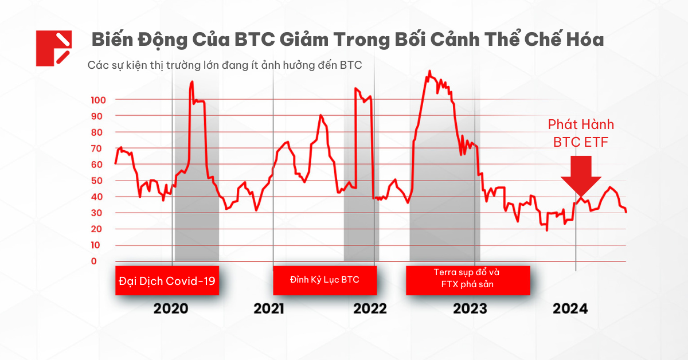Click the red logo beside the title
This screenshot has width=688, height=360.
click(53, 48)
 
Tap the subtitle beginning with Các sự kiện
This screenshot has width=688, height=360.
click(225, 65)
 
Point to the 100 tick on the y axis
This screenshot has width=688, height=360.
click(99, 100)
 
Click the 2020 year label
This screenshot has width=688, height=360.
click(171, 309)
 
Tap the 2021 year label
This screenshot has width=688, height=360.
click(269, 309)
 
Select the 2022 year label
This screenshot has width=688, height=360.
click(370, 309)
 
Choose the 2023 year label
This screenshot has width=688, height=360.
click(470, 309)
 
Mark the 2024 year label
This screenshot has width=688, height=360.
click(570, 309)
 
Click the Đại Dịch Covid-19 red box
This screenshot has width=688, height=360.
click(167, 281)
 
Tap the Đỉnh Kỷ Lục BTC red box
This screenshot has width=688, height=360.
click(325, 281)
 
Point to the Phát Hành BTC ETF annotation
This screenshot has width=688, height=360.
click(581, 134)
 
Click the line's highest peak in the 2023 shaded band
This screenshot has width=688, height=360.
click(429, 72)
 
